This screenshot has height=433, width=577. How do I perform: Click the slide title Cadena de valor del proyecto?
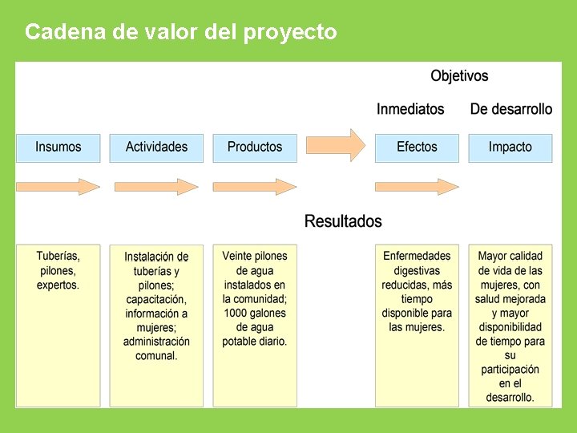[181, 32]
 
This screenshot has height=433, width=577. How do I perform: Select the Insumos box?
[59, 148]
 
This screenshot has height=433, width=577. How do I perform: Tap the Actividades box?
[156, 148]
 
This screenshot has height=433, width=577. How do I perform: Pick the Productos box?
[255, 148]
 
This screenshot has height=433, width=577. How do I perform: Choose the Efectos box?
[417, 148]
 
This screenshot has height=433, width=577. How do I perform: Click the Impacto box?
[510, 148]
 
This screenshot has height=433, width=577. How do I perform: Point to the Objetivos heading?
[459, 76]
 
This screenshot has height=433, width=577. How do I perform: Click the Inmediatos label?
[410, 109]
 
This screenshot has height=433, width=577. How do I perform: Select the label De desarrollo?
[511, 109]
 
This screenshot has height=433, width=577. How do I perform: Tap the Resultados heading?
[343, 221]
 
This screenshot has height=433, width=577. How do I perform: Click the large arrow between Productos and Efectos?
[336, 145]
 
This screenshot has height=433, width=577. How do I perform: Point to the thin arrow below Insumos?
[59, 187]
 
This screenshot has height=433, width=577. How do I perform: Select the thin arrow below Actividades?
[156, 187]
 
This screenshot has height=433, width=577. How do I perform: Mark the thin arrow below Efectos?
[417, 187]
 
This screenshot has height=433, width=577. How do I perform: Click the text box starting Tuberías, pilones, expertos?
[59, 325]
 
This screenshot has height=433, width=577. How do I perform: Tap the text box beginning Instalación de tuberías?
[156, 325]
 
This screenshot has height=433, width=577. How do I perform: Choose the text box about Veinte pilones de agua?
[255, 325]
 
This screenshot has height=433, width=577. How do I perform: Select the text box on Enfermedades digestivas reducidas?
[417, 325]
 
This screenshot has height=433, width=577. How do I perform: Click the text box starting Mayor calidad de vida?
[510, 325]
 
